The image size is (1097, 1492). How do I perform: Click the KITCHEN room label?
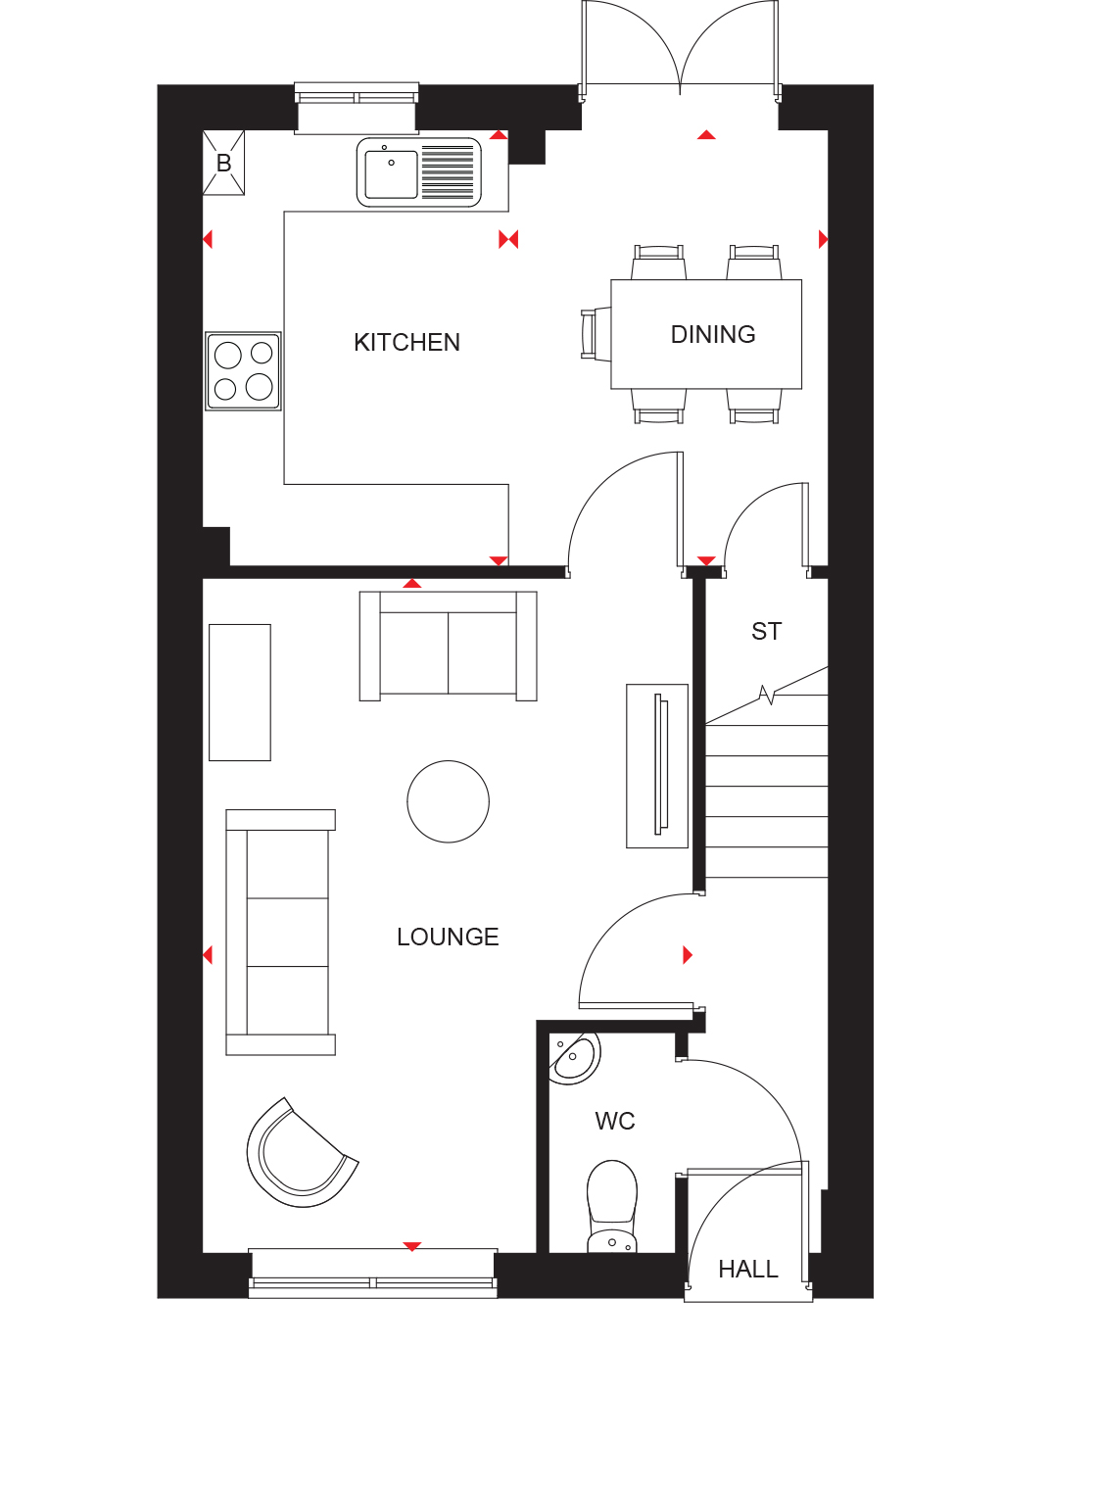pyautogui.click(x=406, y=342)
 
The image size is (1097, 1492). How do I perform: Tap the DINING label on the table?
pyautogui.click(x=713, y=334)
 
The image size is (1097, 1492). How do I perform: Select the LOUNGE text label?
pyautogui.click(x=448, y=938)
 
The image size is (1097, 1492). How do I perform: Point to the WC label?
pyautogui.click(x=615, y=1122)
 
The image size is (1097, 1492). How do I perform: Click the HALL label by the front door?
pyautogui.click(x=748, y=1270)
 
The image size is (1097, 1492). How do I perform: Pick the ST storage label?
pyautogui.click(x=766, y=632)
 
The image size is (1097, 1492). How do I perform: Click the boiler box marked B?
pyautogui.click(x=223, y=163)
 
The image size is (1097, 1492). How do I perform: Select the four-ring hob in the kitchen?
pyautogui.click(x=243, y=371)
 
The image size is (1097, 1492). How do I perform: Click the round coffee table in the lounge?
pyautogui.click(x=449, y=801)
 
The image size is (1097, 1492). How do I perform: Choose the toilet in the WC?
pyautogui.click(x=612, y=1206)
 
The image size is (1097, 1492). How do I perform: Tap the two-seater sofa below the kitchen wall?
pyautogui.click(x=449, y=647)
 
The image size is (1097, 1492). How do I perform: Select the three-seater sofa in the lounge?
pyautogui.click(x=280, y=933)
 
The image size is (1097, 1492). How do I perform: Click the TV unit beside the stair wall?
pyautogui.click(x=657, y=766)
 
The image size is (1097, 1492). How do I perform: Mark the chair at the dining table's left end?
pyautogui.click(x=596, y=334)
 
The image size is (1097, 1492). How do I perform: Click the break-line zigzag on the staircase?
pyautogui.click(x=767, y=695)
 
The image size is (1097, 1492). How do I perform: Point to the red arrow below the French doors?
pyautogui.click(x=706, y=134)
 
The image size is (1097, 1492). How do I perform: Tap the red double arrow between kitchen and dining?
pyautogui.click(x=508, y=239)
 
